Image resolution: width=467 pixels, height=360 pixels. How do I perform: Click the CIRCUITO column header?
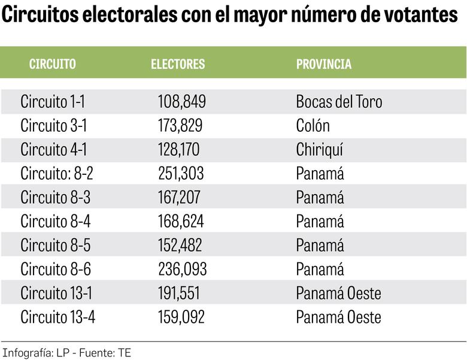coord(53,64)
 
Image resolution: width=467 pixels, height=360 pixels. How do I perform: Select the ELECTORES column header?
coord(178,64)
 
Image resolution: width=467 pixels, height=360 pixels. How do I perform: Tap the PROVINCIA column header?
coord(324,64)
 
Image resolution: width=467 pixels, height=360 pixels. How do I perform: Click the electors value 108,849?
coord(182,102)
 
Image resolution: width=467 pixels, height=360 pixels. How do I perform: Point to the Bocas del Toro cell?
coord(339,102)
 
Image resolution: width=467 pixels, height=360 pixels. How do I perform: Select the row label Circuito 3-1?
coord(54,126)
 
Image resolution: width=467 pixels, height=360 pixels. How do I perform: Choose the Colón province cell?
coord(313,126)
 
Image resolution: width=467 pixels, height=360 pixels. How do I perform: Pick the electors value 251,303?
coord(181,174)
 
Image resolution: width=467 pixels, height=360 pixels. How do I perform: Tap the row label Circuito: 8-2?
coord(57,174)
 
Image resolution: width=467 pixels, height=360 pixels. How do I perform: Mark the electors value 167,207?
coord(180,198)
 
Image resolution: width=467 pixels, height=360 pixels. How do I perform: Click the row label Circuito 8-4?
coord(56,222)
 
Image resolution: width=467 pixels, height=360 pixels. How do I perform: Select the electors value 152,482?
coord(180,246)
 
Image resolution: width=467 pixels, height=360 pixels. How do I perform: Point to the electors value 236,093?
coord(183,270)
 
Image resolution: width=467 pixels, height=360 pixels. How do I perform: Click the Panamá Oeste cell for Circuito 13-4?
coord(338,317)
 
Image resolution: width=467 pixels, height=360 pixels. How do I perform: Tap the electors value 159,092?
coord(181,317)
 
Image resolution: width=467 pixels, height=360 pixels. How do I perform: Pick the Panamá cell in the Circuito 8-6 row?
coord(320,270)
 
